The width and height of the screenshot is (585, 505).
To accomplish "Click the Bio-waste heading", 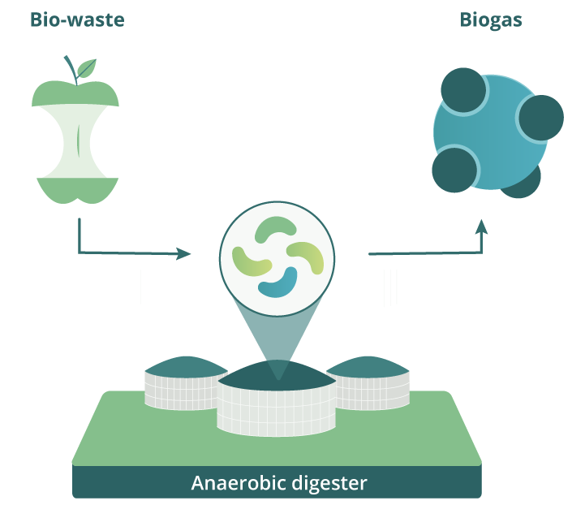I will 77,19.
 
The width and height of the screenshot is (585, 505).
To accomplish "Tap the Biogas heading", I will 490,19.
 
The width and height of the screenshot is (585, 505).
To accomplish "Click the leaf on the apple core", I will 87,67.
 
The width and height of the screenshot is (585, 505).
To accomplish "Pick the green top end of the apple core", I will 75,94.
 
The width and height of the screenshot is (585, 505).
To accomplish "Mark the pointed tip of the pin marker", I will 277,378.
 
